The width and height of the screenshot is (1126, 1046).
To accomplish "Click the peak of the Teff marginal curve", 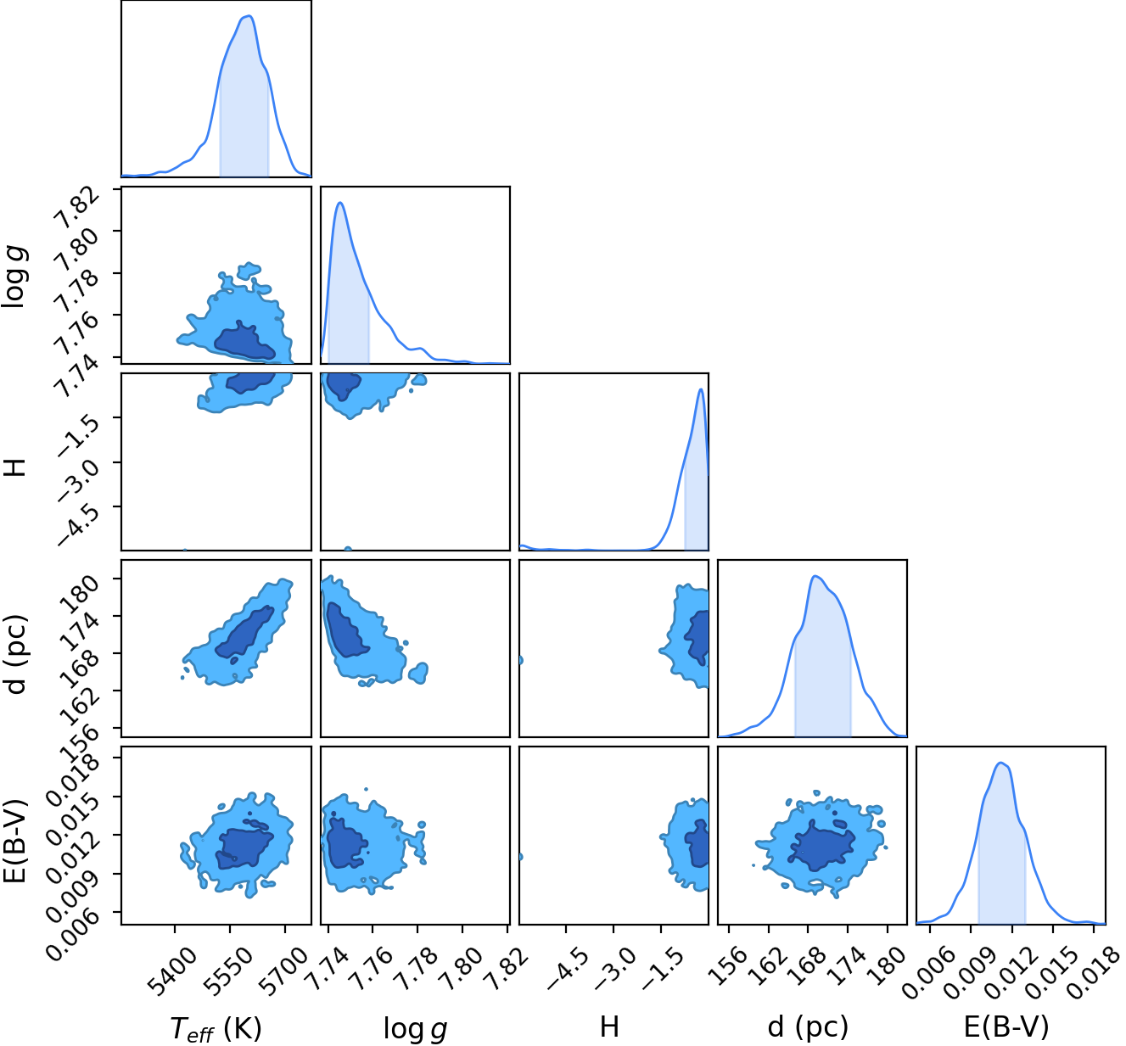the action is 249,16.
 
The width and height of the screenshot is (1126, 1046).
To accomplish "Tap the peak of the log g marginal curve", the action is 340,203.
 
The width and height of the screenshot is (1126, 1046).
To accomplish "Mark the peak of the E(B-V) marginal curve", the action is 1001,763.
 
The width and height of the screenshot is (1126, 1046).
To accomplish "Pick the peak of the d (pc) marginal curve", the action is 815,576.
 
